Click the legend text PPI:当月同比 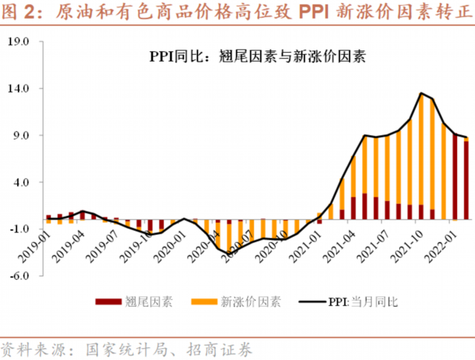364,302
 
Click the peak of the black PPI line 421,94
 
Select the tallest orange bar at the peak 421,148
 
